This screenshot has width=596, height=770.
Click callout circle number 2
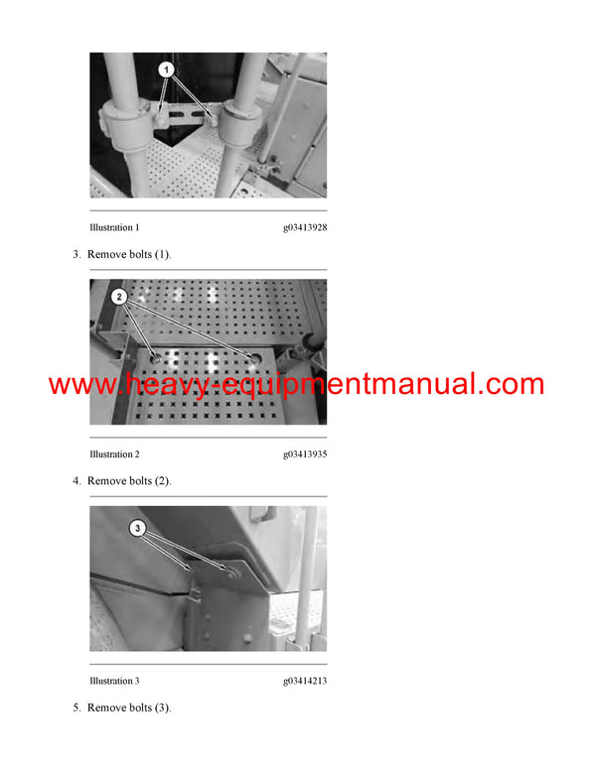119,296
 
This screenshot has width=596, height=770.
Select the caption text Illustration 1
114,227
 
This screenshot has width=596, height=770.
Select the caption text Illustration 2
114,454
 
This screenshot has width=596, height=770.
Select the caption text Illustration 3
114,681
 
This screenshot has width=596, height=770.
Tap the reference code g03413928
305,227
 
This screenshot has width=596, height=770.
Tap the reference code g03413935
305,454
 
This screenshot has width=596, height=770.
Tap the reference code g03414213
305,681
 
